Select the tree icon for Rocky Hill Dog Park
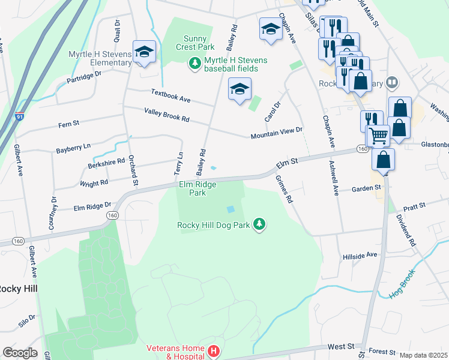pyautogui.click(x=259, y=224)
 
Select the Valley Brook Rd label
pyautogui.click(x=166, y=115)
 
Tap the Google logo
pyautogui.click(x=20, y=353)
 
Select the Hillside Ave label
pyautogui.click(x=359, y=254)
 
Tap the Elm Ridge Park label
pyautogui.click(x=192, y=189)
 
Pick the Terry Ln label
pyautogui.click(x=178, y=163)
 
